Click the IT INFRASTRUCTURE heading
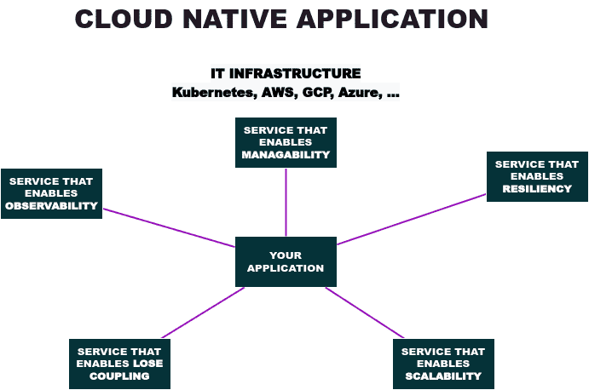286,74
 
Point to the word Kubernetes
211,93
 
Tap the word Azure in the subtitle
358,93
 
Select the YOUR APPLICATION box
286,261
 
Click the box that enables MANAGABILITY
286,143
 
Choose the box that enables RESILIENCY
537,176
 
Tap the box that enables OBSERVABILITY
51,193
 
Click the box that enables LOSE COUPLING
119,364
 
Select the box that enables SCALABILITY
443,364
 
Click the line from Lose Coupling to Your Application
203,313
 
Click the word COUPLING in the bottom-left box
119,376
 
